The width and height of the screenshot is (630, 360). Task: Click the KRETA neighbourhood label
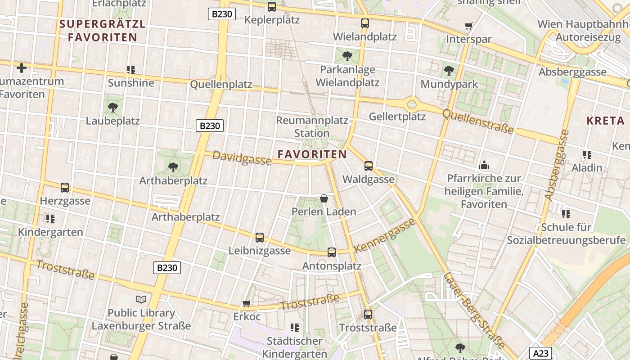(606, 121)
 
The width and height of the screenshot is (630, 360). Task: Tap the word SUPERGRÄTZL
(103, 24)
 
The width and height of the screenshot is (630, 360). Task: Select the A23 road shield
(540, 353)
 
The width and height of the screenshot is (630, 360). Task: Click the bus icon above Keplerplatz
(272, 7)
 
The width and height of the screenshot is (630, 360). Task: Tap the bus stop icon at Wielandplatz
(364, 23)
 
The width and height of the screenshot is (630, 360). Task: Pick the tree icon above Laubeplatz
(113, 108)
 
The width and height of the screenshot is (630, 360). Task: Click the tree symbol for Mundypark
(449, 71)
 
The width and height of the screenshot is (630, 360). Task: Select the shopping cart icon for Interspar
(468, 26)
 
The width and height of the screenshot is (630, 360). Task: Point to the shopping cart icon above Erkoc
(246, 303)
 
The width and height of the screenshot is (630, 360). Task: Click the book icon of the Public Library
(141, 299)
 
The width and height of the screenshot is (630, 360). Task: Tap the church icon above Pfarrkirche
(484, 165)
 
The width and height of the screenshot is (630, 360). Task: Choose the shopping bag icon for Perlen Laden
(324, 198)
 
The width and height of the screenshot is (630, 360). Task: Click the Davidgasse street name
(242, 158)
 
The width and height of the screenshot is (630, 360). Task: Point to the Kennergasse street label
(384, 236)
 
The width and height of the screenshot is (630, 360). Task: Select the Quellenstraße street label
(478, 121)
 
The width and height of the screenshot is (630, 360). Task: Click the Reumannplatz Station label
(312, 127)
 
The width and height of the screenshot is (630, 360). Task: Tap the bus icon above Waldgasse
(369, 166)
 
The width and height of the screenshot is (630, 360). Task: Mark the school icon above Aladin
(587, 155)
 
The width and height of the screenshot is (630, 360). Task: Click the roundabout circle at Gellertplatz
(412, 104)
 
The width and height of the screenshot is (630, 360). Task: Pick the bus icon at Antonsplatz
(332, 252)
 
